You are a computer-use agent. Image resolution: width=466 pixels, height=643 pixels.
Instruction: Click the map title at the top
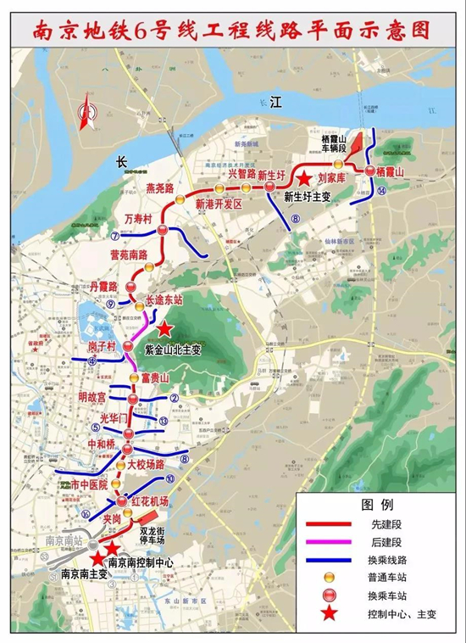click(232, 31)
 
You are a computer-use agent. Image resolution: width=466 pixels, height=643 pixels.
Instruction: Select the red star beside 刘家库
click(302, 179)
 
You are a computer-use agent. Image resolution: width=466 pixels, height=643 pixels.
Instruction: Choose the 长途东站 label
click(165, 299)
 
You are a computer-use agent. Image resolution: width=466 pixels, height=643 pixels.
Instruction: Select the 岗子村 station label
click(101, 347)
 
